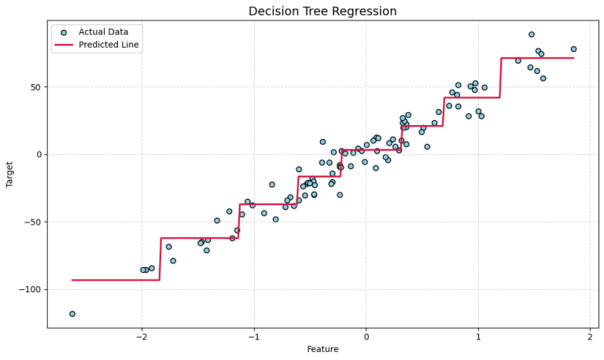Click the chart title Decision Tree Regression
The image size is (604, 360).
click(x=322, y=11)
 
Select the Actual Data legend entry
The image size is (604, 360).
click(x=103, y=32)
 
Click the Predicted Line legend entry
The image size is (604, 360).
click(x=109, y=45)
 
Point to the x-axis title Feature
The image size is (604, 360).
click(x=322, y=349)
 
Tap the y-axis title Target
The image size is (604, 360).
click(x=10, y=174)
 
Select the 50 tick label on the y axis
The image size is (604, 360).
click(x=35, y=87)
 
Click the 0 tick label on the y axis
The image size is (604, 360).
click(x=38, y=155)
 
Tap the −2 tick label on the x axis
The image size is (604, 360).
click(x=141, y=337)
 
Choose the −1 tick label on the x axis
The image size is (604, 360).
click(x=253, y=337)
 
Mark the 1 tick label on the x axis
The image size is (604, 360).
click(x=478, y=337)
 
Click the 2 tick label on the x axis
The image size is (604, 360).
click(x=590, y=337)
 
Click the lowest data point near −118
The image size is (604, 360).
click(x=72, y=314)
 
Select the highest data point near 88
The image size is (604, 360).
click(x=532, y=35)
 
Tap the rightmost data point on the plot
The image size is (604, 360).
click(x=573, y=50)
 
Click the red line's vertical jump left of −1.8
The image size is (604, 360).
click(x=160, y=259)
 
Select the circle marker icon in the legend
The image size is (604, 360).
click(x=64, y=32)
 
